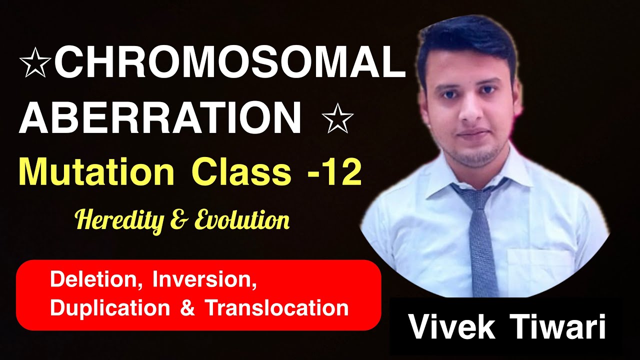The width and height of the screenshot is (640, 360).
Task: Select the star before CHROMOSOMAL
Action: coord(35,65)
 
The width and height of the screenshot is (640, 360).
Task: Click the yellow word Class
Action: coord(241,172)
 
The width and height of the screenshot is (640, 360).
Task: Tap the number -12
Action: coord(333,172)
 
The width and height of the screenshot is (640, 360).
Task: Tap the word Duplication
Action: coord(110,307)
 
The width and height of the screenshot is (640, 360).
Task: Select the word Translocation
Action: coord(276,307)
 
